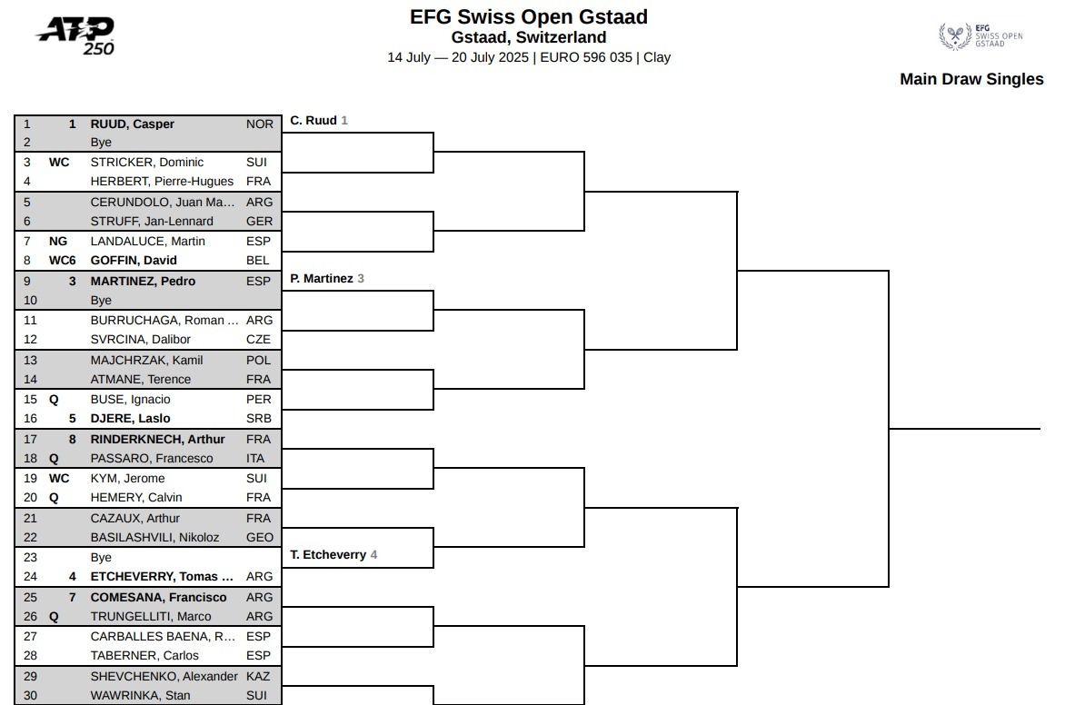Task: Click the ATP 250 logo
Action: (x=75, y=36)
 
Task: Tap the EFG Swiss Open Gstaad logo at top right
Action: (x=980, y=36)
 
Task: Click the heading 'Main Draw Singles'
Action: (x=971, y=79)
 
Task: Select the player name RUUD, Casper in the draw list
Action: (x=133, y=124)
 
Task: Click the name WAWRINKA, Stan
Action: (x=140, y=696)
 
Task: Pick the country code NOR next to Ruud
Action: (x=260, y=124)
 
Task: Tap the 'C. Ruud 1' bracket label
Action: (x=319, y=120)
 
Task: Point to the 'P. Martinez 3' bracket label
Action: (x=327, y=279)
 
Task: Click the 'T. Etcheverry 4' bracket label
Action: (x=333, y=555)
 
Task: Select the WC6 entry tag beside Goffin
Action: (x=63, y=260)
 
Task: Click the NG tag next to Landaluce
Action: (x=58, y=241)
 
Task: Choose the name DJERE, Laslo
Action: (x=131, y=419)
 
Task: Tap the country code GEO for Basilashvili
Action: (x=260, y=537)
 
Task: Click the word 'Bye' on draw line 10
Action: (x=101, y=300)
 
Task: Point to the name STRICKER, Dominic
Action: (x=146, y=163)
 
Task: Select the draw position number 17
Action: (x=31, y=440)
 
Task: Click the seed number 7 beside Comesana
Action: (x=73, y=597)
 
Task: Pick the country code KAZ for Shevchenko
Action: (x=258, y=677)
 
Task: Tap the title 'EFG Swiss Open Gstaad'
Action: (x=529, y=16)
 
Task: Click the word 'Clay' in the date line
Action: (x=657, y=57)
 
